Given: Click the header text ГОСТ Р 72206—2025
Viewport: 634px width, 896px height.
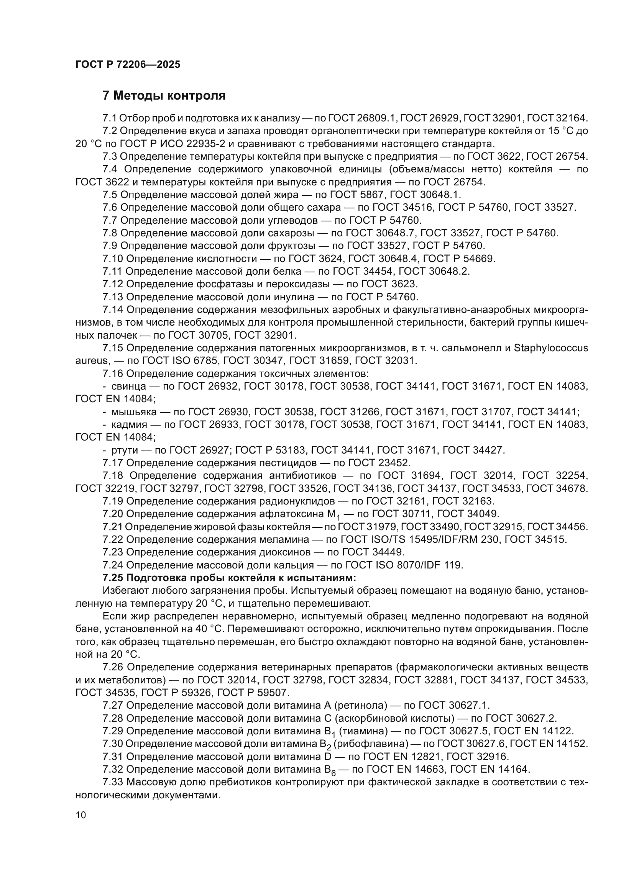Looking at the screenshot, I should click(x=128, y=65).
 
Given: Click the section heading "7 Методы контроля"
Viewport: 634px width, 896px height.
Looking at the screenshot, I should click(x=164, y=96).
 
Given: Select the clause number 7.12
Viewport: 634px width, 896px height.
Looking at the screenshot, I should click(x=112, y=284).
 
